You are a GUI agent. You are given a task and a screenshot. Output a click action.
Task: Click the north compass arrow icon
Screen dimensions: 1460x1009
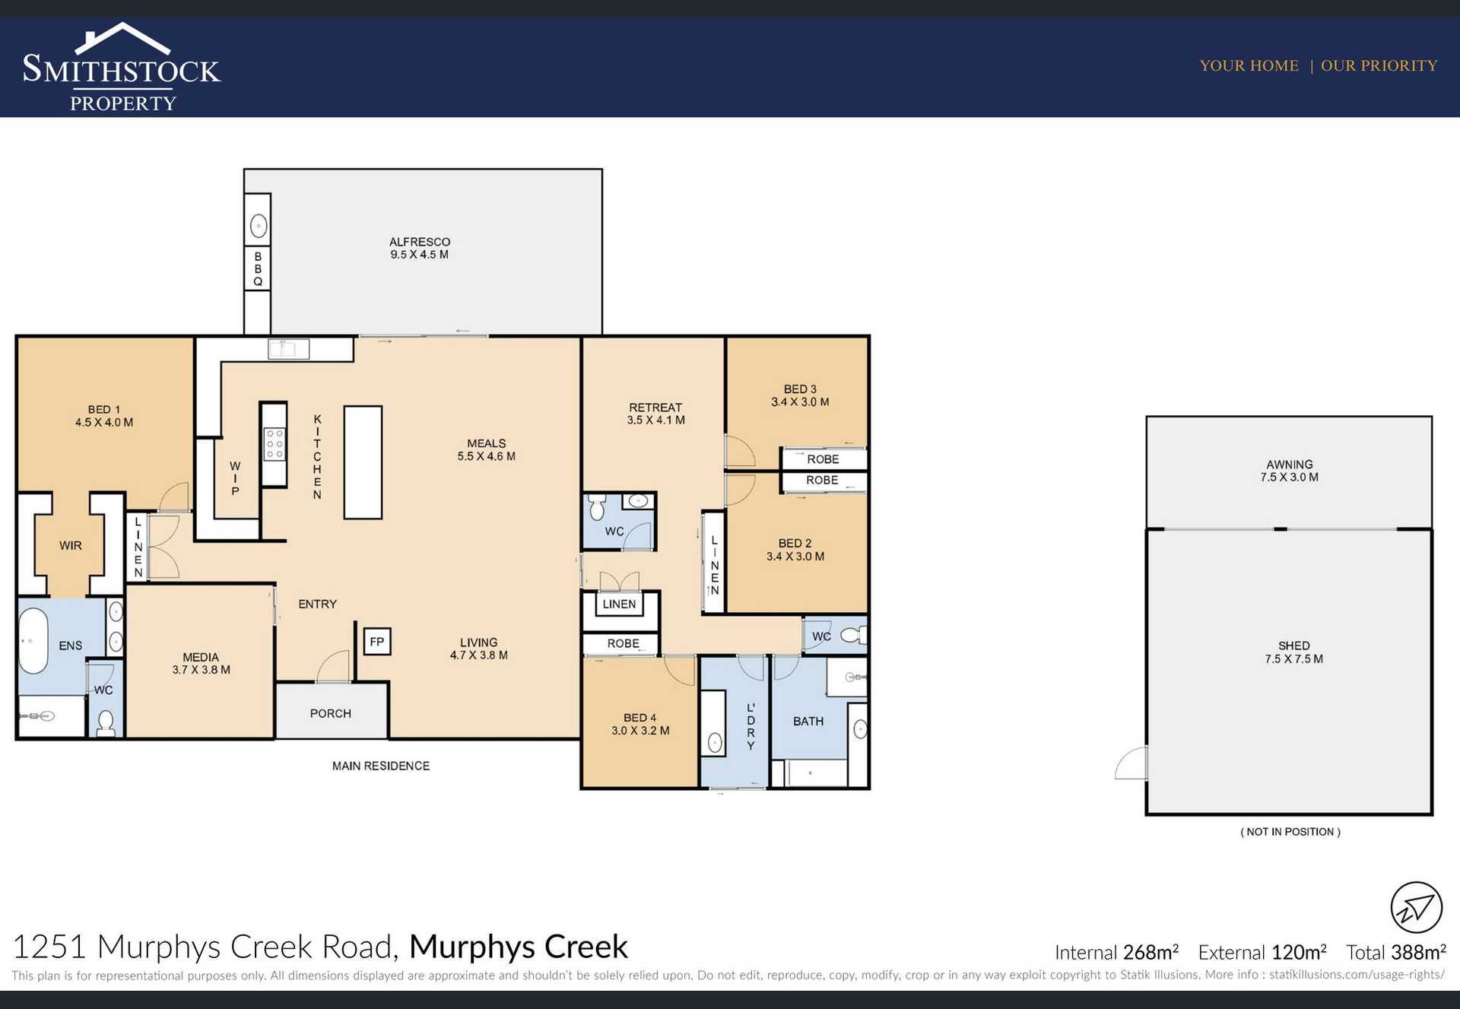[x=1416, y=907]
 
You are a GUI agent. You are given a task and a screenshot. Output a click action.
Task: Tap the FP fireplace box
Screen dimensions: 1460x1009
[x=376, y=641]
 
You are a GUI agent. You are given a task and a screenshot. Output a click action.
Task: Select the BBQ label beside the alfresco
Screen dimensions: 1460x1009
[x=258, y=269]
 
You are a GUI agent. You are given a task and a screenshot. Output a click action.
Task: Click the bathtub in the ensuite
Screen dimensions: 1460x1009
[x=33, y=640]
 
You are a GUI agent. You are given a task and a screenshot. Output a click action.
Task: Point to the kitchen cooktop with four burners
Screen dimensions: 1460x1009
[x=274, y=443]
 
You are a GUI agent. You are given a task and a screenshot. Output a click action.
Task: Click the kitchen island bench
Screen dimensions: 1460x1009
[x=363, y=462]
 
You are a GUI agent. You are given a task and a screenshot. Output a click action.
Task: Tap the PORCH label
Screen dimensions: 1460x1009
[x=331, y=713]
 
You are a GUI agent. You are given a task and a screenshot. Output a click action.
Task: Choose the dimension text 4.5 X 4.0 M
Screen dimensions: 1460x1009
[x=104, y=423]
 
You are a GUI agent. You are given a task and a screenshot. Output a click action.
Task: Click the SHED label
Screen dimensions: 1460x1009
[x=1293, y=646]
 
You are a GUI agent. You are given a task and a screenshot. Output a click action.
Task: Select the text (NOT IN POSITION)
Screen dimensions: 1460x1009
[x=1290, y=832]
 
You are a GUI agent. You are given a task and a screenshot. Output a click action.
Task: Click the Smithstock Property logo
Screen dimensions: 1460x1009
[x=122, y=68]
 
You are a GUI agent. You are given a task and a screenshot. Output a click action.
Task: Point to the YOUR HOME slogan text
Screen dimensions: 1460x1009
[x=1249, y=65]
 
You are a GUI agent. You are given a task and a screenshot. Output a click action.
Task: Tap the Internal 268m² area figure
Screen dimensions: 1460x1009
[x=1116, y=952]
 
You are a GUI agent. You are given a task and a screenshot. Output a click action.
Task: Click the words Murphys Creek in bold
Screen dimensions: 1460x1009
[x=519, y=947]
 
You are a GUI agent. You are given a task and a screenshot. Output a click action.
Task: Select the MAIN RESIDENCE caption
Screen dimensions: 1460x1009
[x=381, y=766]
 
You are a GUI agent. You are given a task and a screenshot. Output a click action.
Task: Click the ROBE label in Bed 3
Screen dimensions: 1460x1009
[x=823, y=459]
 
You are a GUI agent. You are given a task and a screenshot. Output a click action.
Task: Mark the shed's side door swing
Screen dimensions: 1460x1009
[x=1131, y=763]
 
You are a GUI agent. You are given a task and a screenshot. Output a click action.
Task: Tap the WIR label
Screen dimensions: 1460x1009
[x=71, y=545]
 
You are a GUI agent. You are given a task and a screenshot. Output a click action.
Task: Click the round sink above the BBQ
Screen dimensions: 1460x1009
[x=259, y=226]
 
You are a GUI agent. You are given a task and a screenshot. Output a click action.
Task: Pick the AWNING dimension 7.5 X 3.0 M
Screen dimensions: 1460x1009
[x=1290, y=478]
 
